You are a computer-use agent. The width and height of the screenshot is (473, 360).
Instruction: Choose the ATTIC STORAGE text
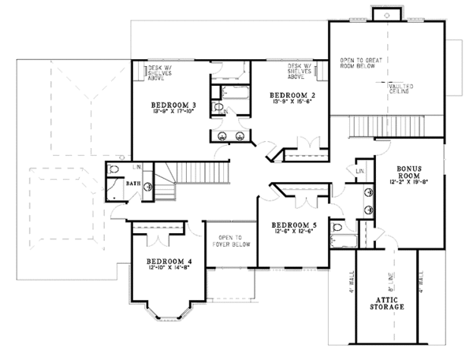(x=385, y=302)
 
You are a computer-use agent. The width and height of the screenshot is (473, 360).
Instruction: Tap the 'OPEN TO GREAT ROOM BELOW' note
(x=360, y=64)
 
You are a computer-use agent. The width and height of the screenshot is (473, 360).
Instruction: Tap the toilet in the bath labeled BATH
(x=114, y=169)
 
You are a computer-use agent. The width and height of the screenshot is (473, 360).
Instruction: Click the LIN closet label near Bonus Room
(x=359, y=172)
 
